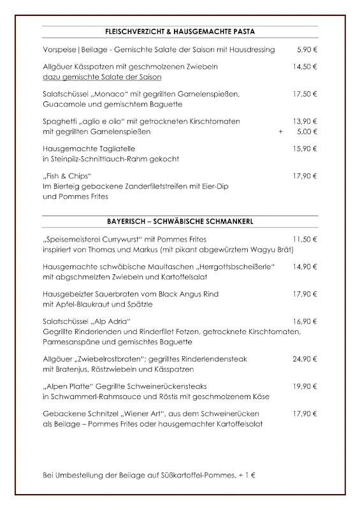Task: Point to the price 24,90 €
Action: (x=305, y=359)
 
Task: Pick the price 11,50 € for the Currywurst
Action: (x=305, y=239)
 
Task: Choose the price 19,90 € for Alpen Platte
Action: (x=305, y=386)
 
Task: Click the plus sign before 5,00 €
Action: (x=280, y=132)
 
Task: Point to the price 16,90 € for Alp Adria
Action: (x=305, y=321)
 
